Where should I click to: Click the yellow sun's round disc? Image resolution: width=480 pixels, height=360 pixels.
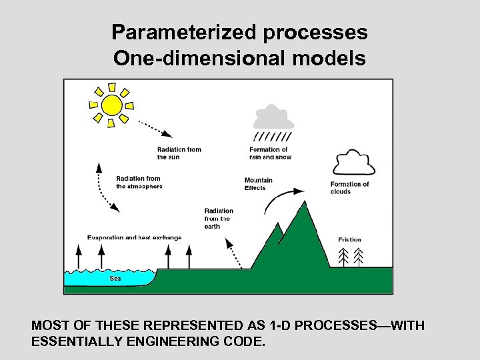pyautogui.click(x=111, y=105)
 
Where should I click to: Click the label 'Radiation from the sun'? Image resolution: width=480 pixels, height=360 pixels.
pyautogui.click(x=179, y=153)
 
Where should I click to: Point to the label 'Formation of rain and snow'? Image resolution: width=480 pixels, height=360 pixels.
pyautogui.click(x=269, y=153)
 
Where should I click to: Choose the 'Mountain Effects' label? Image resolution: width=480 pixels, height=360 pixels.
pyautogui.click(x=258, y=184)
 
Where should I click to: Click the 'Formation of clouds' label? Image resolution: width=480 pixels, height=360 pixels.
pyautogui.click(x=349, y=188)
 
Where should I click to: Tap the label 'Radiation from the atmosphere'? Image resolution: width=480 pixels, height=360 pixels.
pyautogui.click(x=139, y=183)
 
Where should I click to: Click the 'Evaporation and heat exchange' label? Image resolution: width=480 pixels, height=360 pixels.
pyautogui.click(x=134, y=238)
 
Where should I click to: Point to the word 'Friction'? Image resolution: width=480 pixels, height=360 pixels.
pyautogui.click(x=349, y=240)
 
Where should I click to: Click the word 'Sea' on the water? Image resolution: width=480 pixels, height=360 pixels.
pyautogui.click(x=115, y=279)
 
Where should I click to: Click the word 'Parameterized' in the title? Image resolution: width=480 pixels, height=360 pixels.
pyautogui.click(x=175, y=32)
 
